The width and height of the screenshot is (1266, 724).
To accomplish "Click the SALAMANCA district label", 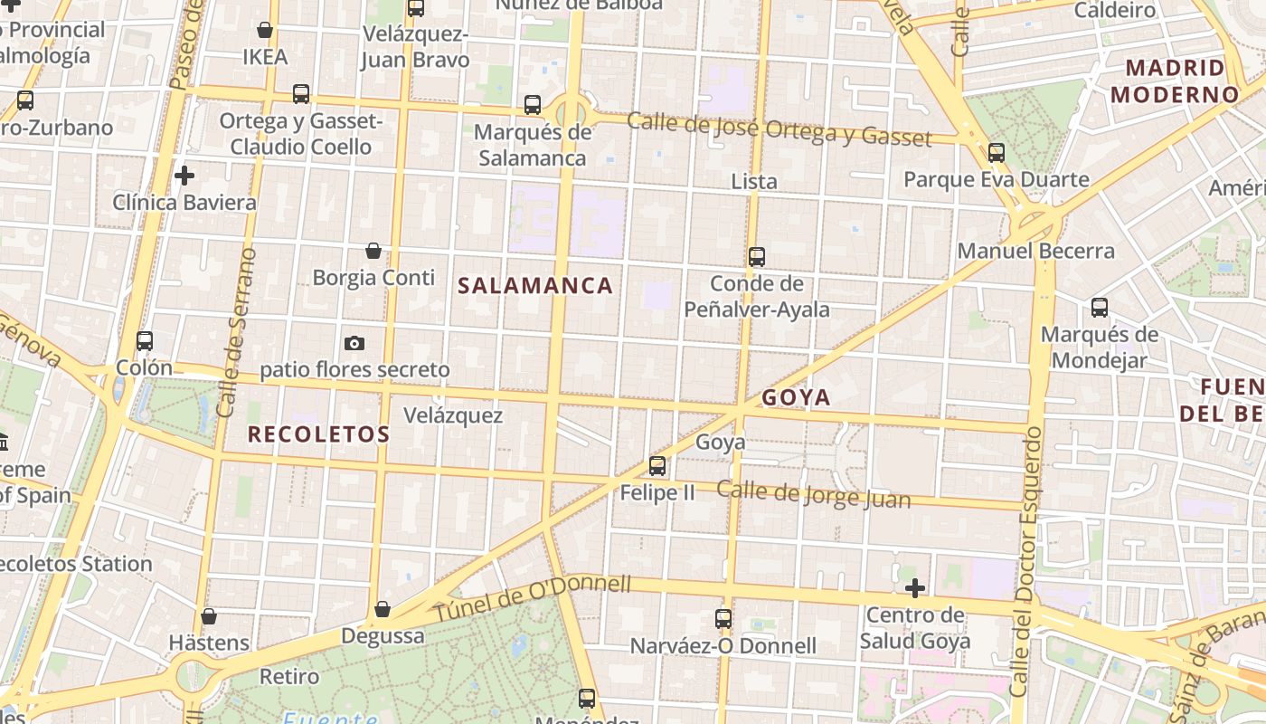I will (535, 286).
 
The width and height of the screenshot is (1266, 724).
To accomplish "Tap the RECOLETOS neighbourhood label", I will (318, 434).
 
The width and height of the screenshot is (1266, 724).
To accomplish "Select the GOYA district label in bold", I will (796, 397).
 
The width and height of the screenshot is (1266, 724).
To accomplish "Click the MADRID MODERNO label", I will (1175, 81).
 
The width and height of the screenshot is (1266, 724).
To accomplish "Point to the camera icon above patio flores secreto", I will (354, 343).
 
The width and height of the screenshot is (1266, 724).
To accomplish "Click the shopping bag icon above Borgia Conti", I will (373, 251).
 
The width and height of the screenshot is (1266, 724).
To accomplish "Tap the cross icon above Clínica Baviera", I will (184, 176).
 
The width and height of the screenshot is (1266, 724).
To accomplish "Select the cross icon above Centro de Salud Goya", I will (915, 589).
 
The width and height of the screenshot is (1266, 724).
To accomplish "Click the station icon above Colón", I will (145, 341).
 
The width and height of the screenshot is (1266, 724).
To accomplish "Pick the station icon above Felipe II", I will (657, 466).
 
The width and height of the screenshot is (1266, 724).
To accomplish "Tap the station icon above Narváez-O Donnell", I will (723, 619).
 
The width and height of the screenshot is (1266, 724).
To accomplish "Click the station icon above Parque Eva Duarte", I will (997, 153).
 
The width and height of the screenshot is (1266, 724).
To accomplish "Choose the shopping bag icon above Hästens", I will (209, 616).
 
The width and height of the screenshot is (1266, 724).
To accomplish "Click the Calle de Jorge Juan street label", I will (814, 494).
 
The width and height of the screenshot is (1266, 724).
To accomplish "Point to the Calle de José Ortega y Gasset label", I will (779, 129).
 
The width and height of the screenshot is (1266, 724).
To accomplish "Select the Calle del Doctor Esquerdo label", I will (1024, 561).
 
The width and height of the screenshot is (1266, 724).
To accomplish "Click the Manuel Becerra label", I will (1036, 251).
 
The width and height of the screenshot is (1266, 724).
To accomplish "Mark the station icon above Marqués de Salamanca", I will (533, 105).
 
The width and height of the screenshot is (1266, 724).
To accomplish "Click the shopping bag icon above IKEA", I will (265, 30).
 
